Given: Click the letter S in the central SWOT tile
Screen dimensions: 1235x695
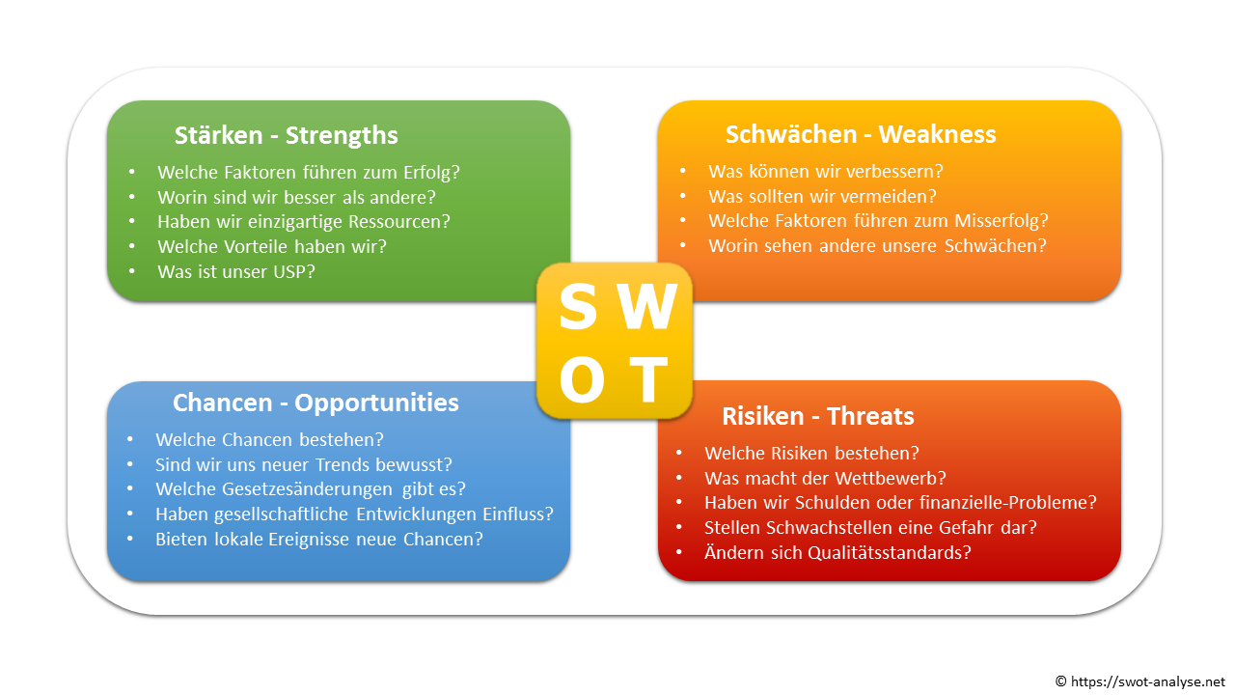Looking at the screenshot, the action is pos(578,306).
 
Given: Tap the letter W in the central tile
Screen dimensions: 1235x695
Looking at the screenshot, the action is pos(647,306).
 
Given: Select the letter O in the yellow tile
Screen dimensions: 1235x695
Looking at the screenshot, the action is pos(582,379).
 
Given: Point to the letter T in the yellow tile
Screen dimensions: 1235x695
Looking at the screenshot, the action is pos(649,379).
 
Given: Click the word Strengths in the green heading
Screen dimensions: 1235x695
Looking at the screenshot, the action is pos(342,136).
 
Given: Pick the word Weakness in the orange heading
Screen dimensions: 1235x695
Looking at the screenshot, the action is pos(937,134).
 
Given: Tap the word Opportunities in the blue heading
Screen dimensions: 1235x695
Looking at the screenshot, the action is pos(376,403).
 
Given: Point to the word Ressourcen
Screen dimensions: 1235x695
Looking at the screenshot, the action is pos(395,222).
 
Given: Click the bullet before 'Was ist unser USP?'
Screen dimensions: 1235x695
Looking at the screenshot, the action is pos(132,271).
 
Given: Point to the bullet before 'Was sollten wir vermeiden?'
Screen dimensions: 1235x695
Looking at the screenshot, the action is pos(682,196).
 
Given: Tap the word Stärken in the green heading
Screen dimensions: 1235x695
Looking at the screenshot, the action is pos(219,136).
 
